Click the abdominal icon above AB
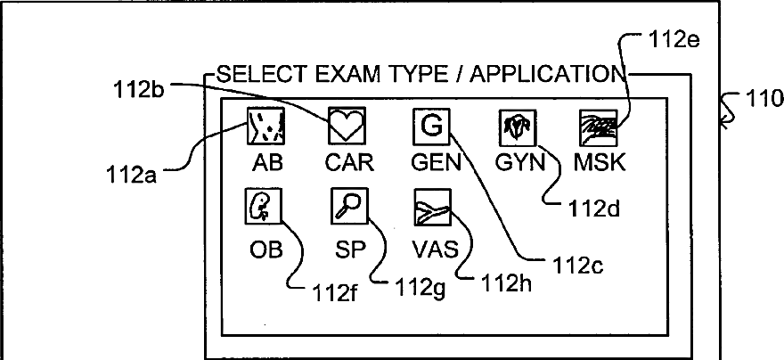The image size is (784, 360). coord(265,127)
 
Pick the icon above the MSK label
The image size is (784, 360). coord(595,127)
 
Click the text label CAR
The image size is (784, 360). coord(348,164)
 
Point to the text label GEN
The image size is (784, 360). coord(437,164)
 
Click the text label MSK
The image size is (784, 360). coord(600,164)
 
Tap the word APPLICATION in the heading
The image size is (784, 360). coord(546,73)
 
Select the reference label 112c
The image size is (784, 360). coord(580,265)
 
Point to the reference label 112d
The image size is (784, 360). coord(593,210)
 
